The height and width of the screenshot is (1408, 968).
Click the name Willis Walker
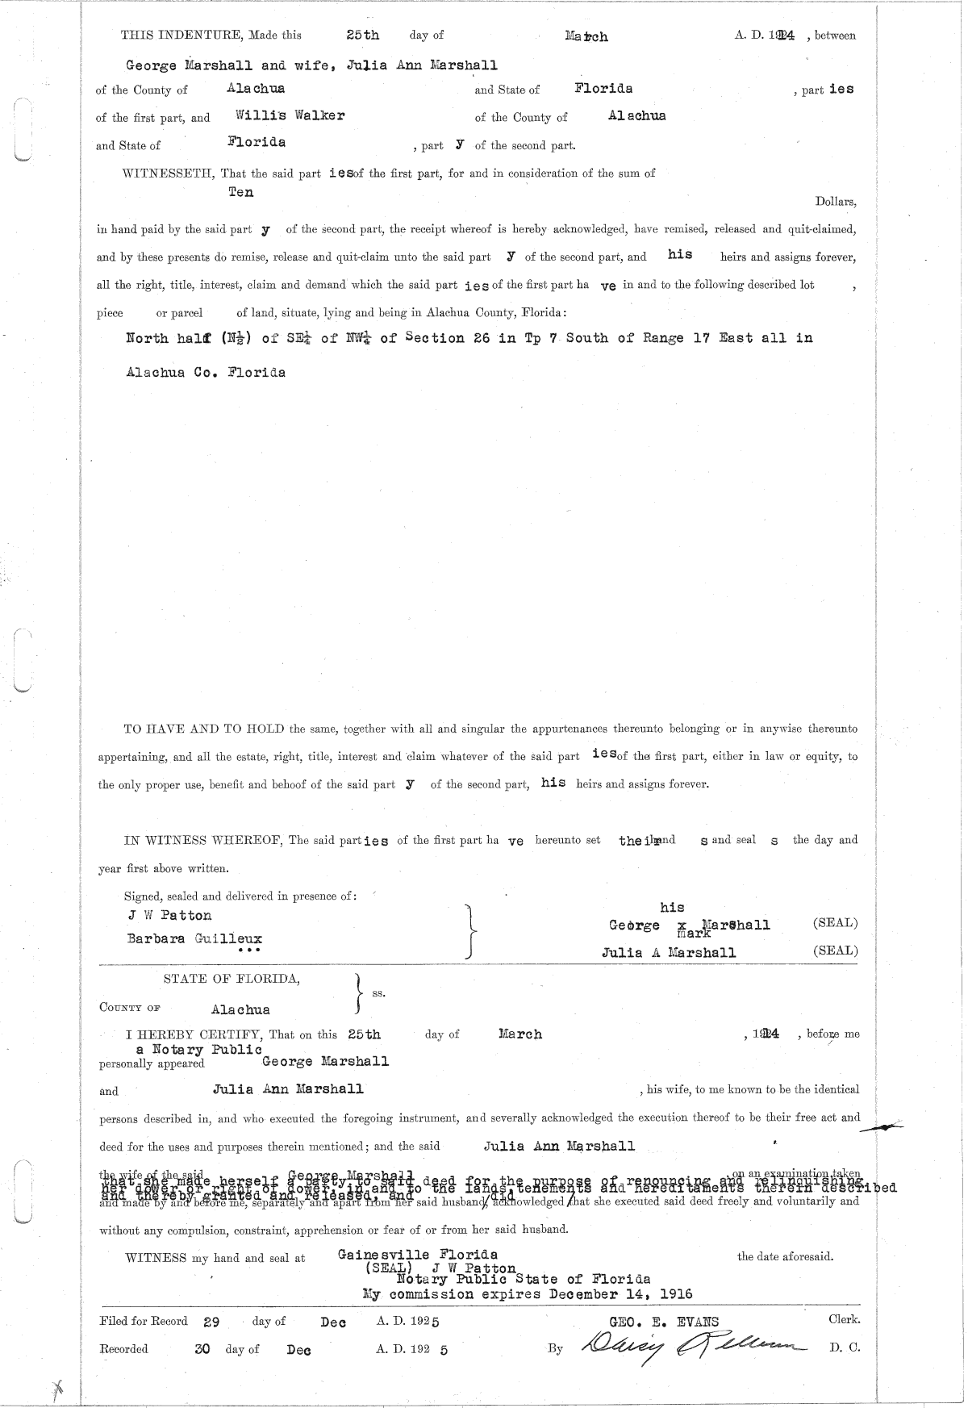click(x=290, y=115)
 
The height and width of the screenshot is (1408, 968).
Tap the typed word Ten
click(x=240, y=192)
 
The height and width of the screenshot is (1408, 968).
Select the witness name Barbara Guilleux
click(x=194, y=938)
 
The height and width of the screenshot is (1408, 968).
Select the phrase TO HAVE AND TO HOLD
click(x=204, y=729)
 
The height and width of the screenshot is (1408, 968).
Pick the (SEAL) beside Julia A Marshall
click(x=836, y=951)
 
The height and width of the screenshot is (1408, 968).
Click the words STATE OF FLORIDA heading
click(x=232, y=979)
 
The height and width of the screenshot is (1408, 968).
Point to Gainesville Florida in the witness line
click(x=417, y=1255)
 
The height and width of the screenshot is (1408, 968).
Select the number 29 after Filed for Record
click(x=211, y=1322)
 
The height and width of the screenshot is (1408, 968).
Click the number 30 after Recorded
click(x=202, y=1348)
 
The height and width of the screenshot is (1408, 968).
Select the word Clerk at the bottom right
click(x=844, y=1320)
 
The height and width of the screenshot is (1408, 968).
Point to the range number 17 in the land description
click(x=700, y=338)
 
